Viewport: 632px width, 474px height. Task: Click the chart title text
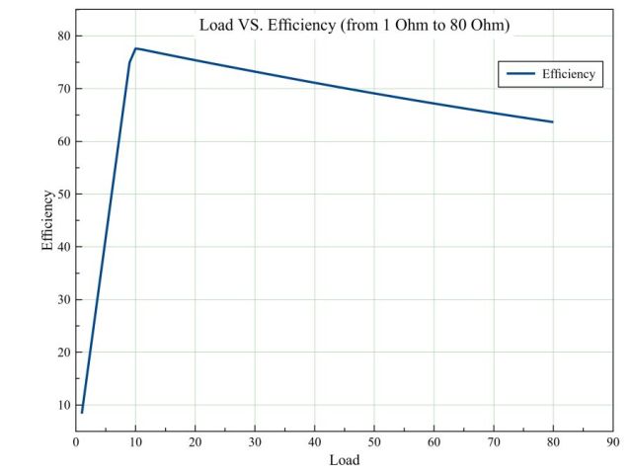click(355, 25)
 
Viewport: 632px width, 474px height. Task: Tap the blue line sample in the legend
click(520, 74)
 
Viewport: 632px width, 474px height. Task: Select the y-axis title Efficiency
click(47, 220)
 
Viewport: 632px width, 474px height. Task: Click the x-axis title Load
click(345, 460)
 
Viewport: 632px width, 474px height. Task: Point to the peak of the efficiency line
click(135, 48)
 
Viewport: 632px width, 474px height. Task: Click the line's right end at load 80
click(552, 121)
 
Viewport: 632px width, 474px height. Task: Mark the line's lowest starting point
click(82, 412)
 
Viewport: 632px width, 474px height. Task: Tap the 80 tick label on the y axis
click(62, 36)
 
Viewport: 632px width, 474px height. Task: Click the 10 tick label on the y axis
click(62, 405)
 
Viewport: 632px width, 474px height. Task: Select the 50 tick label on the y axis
click(62, 194)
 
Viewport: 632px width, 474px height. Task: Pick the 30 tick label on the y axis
click(62, 299)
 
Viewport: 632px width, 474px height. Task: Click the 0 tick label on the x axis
click(76, 441)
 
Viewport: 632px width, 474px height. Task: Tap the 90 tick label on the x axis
click(612, 441)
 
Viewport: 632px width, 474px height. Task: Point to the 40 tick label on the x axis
click(314, 441)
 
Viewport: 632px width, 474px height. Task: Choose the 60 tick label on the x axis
click(434, 441)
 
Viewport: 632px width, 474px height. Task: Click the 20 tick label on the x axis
click(196, 441)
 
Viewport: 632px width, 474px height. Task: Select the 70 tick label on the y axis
click(62, 89)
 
